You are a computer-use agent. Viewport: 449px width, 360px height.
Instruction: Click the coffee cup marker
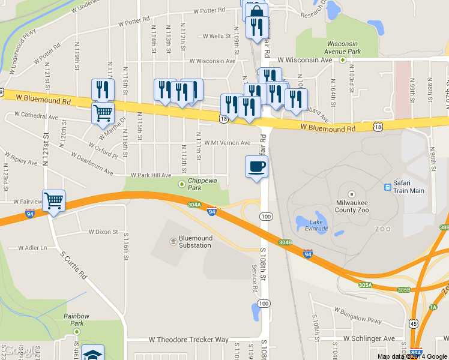pyautogui.click(x=256, y=166)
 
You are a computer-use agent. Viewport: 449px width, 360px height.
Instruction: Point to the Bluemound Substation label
pyautogui.click(x=196, y=242)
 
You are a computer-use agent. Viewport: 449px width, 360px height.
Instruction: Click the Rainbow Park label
pyautogui.click(x=79, y=320)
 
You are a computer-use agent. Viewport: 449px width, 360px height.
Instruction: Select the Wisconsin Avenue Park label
pyautogui.click(x=343, y=48)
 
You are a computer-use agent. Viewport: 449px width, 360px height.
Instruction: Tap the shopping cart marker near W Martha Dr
pyautogui.click(x=103, y=112)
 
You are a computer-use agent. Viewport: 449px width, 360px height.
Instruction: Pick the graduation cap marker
pyautogui.click(x=93, y=353)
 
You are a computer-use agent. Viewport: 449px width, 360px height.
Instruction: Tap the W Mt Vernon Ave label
pyautogui.click(x=226, y=143)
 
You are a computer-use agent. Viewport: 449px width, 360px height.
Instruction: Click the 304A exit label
pyautogui.click(x=194, y=205)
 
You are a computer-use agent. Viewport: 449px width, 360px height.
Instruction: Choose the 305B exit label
pyautogui.click(x=404, y=290)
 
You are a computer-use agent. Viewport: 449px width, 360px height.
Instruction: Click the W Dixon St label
pyautogui.click(x=103, y=232)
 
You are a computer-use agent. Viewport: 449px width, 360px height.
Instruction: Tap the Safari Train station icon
pyautogui.click(x=387, y=187)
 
